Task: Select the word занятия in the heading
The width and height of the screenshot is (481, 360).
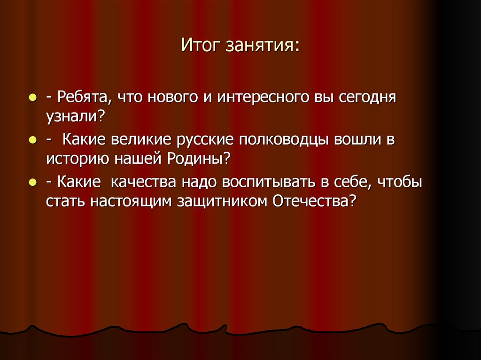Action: click(x=262, y=47)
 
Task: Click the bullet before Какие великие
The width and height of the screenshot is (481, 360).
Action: click(x=32, y=140)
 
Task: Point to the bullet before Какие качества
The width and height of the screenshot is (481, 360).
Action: click(x=32, y=181)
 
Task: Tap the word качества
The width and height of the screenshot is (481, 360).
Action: click(x=144, y=181)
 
